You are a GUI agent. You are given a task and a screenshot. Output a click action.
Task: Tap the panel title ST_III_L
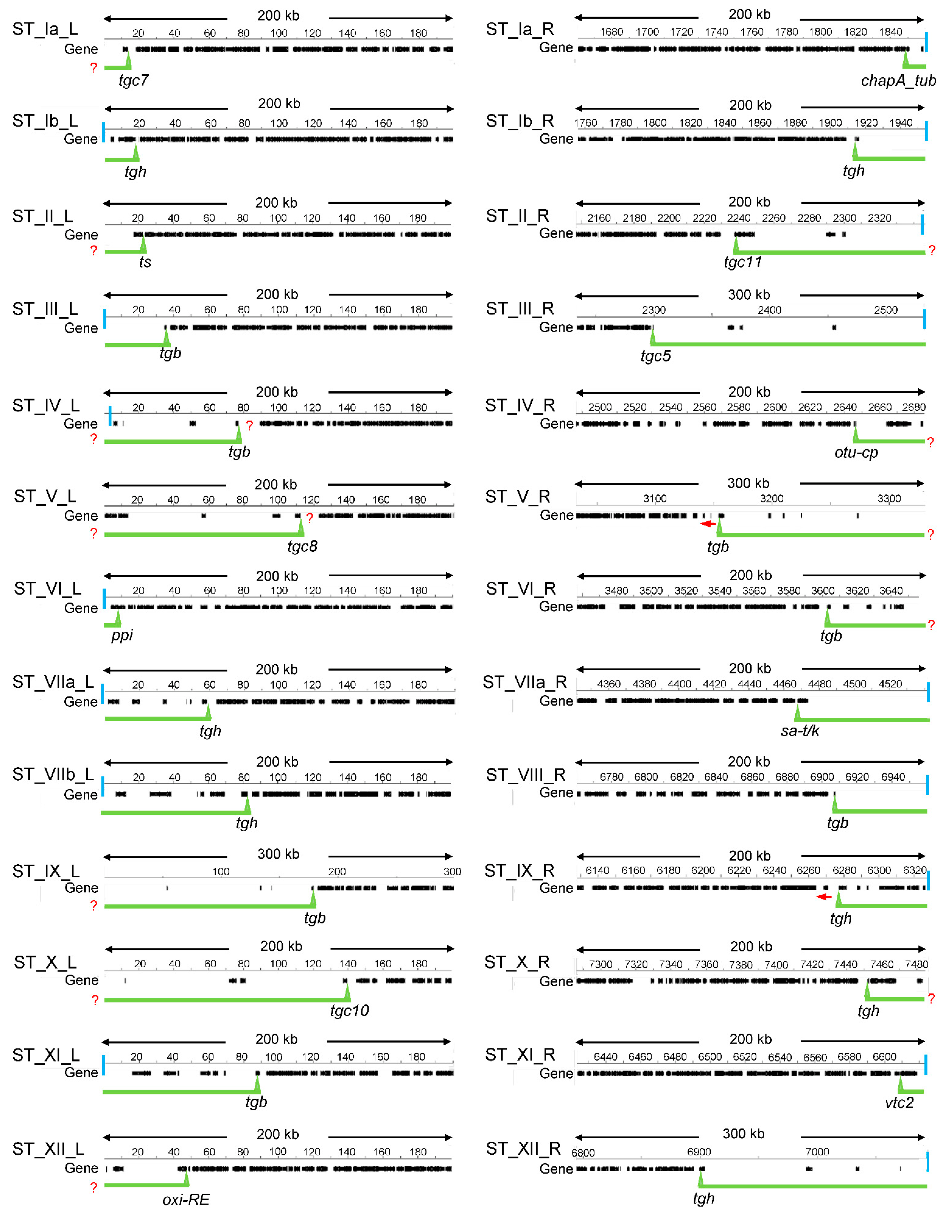pos(45,309)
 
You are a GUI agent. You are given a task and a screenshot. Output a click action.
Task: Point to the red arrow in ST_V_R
pos(708,524)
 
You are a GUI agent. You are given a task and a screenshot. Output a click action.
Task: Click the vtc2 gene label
pos(899,1102)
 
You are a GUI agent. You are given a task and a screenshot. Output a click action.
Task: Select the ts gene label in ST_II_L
pos(145,262)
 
